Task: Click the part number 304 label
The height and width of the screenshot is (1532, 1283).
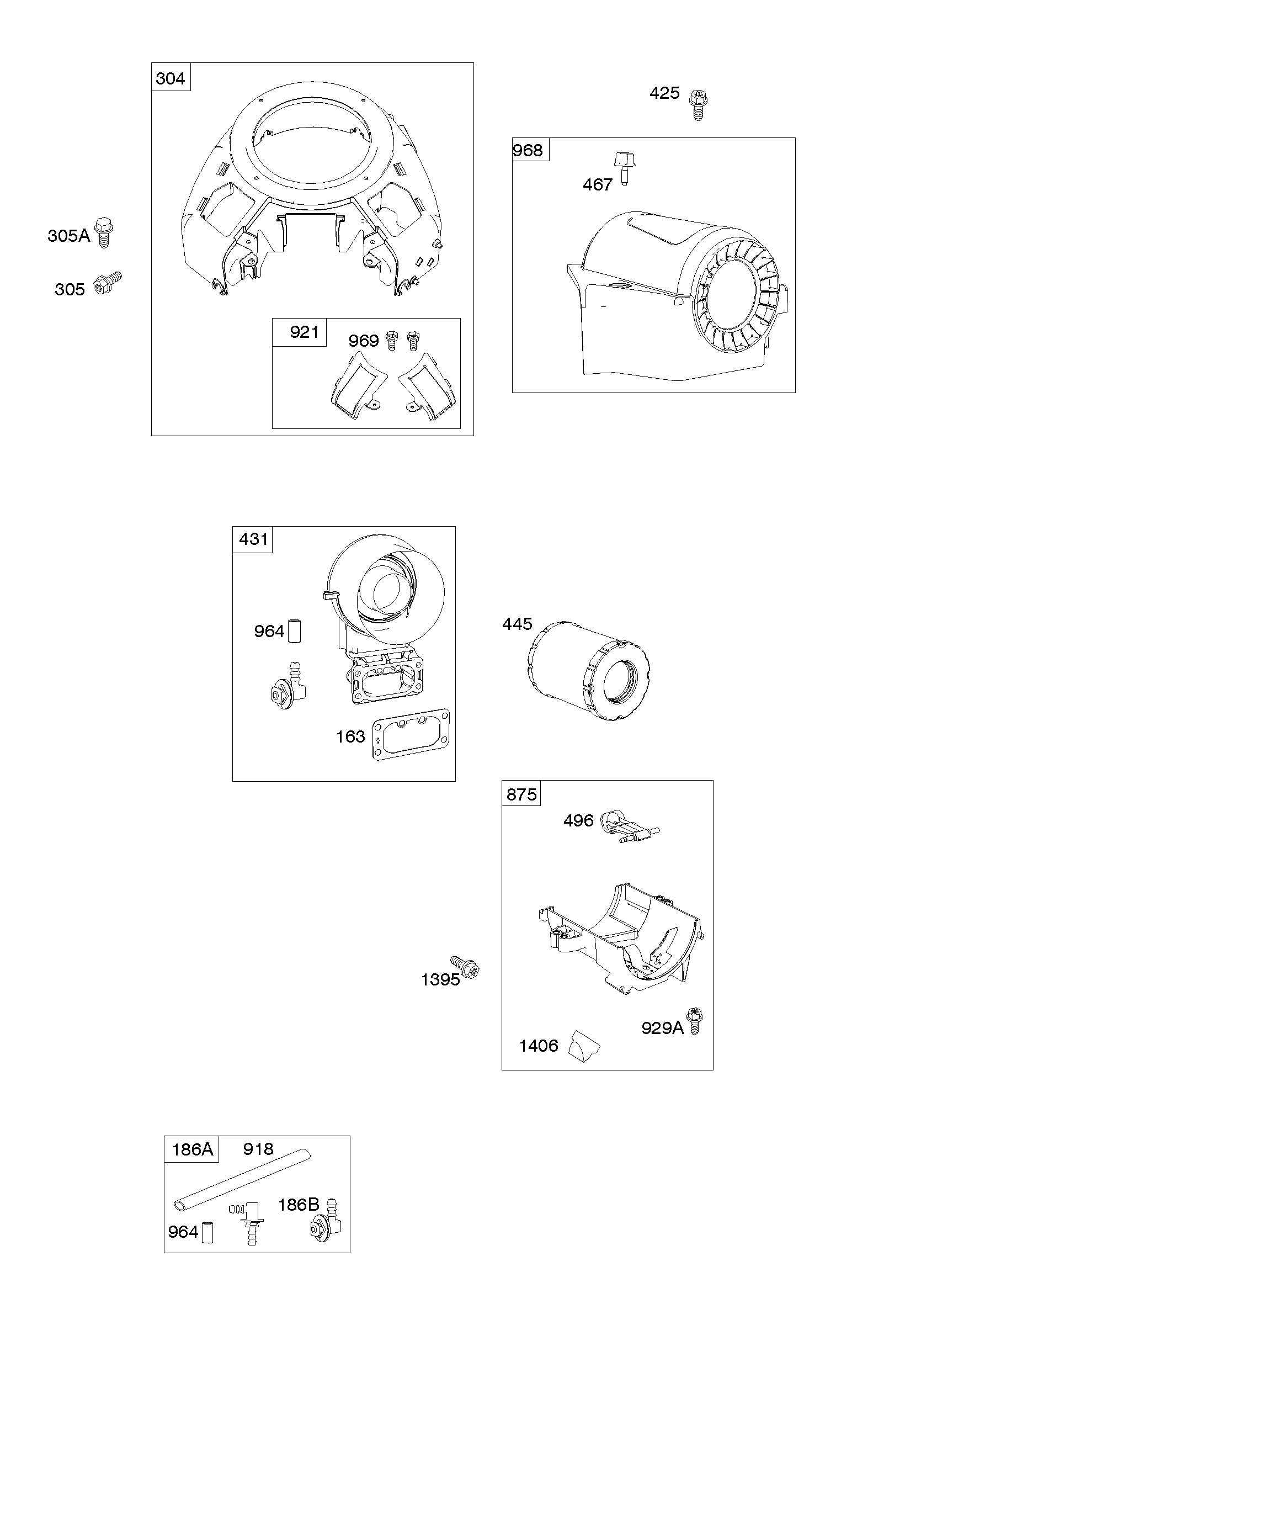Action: pyautogui.click(x=171, y=78)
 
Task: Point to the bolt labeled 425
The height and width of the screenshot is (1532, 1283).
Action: pyautogui.click(x=699, y=104)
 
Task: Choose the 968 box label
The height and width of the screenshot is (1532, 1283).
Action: pyautogui.click(x=528, y=150)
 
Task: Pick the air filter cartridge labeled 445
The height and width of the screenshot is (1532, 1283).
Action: pyautogui.click(x=588, y=672)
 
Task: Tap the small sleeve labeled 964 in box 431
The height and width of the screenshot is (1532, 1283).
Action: pyautogui.click(x=295, y=631)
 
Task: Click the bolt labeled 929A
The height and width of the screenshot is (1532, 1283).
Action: pyautogui.click(x=694, y=1021)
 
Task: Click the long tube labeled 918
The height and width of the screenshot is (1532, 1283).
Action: pyautogui.click(x=242, y=1180)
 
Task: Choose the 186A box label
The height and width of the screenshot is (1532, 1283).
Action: pyautogui.click(x=192, y=1150)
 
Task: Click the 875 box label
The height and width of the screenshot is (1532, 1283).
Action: pyautogui.click(x=521, y=794)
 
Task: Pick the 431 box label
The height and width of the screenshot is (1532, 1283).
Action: pyautogui.click(x=254, y=539)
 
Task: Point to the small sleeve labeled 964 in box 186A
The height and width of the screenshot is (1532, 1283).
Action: pyautogui.click(x=207, y=1234)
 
